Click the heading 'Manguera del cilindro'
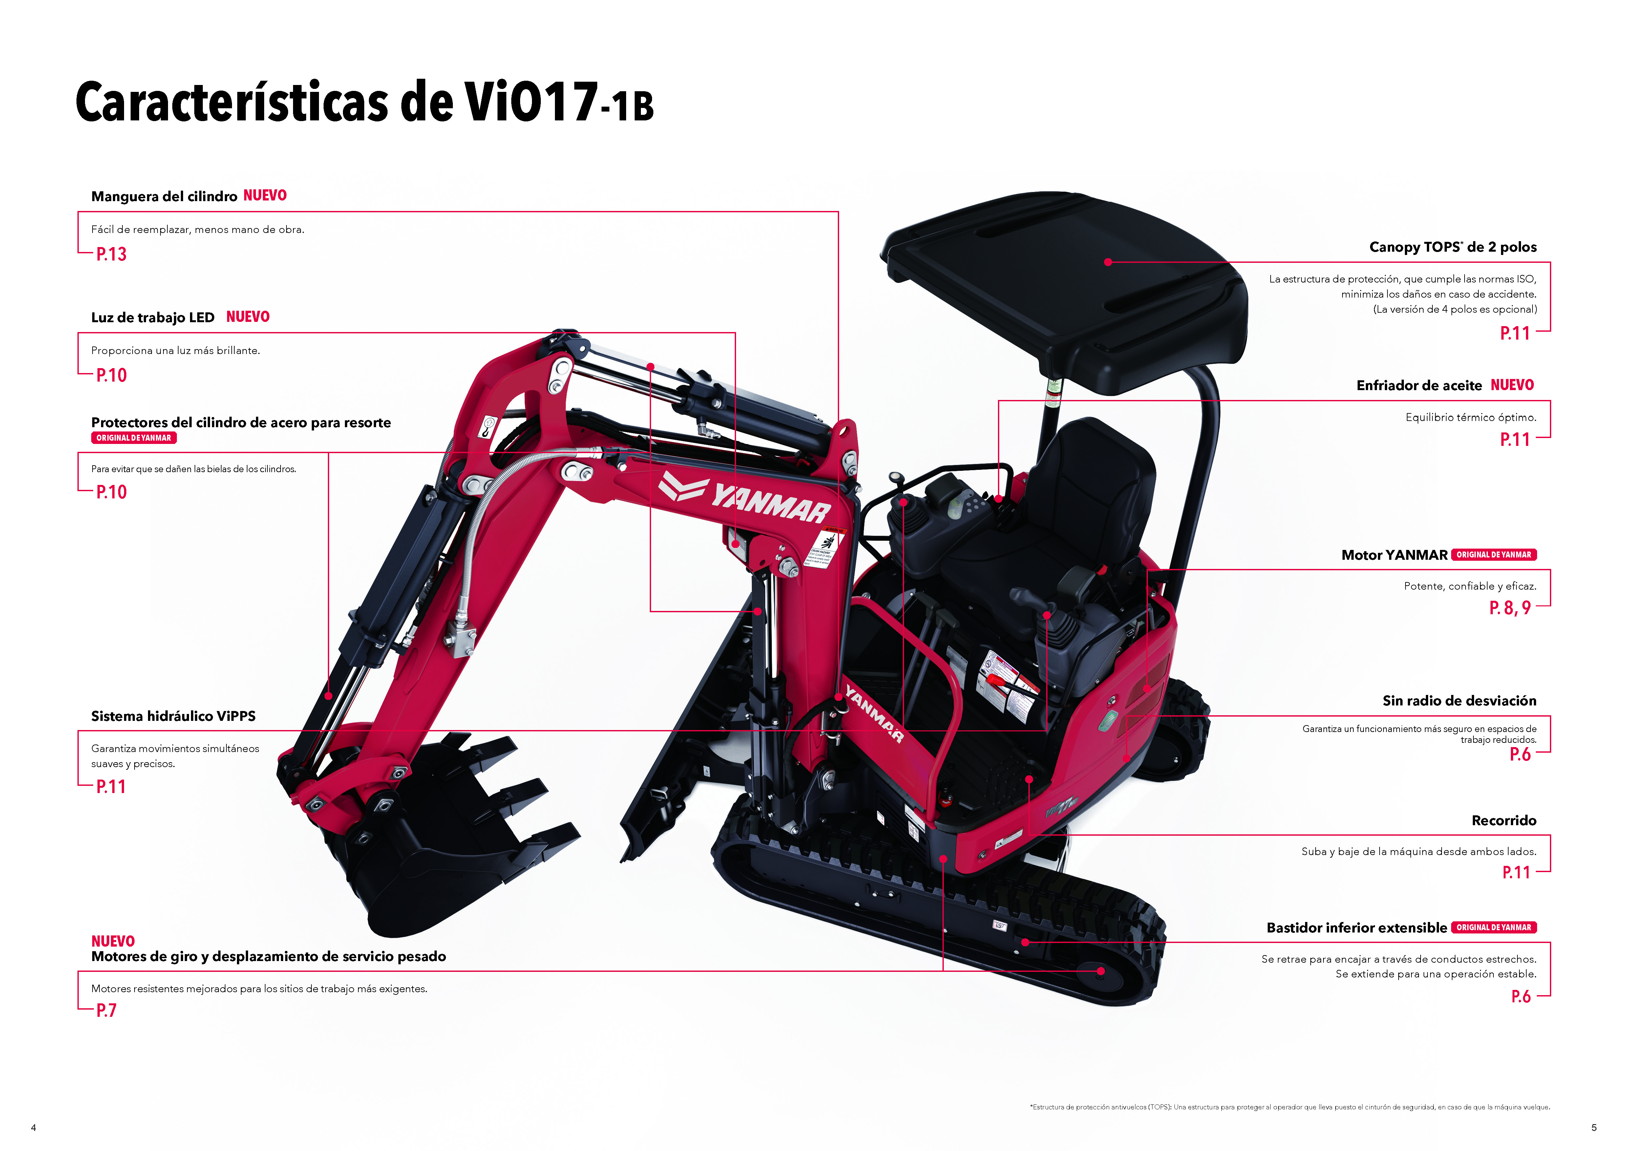point(164,196)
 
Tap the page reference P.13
point(111,254)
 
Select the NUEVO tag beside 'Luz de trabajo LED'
point(247,317)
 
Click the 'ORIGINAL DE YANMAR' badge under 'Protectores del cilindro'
point(133,438)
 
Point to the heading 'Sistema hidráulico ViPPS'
point(173,716)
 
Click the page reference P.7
point(106,1011)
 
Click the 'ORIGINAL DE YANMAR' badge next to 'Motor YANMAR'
point(1493,555)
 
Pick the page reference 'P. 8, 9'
point(1510,608)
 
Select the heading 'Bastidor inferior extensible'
point(1356,928)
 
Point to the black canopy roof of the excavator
point(1064,283)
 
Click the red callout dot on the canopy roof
point(1108,262)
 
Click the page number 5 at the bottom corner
point(1594,1128)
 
